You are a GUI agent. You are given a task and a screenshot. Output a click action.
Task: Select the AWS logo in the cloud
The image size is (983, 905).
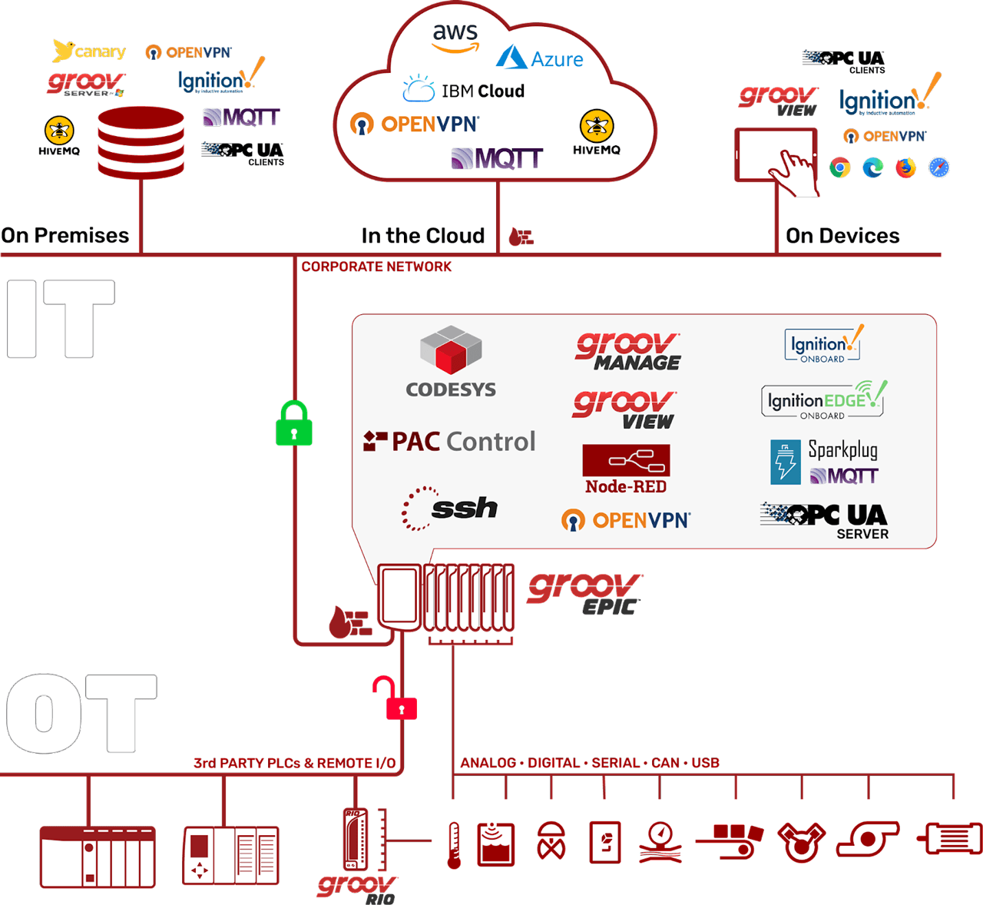(x=455, y=37)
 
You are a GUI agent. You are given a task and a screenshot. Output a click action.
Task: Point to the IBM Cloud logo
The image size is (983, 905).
(x=464, y=90)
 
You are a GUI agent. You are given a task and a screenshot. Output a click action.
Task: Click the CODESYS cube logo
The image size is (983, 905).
(x=451, y=361)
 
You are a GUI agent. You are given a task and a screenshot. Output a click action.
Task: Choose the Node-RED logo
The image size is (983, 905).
(x=626, y=469)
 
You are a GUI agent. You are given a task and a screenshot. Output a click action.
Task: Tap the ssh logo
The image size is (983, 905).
(x=450, y=508)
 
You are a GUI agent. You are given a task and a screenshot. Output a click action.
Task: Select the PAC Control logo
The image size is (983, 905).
(x=449, y=442)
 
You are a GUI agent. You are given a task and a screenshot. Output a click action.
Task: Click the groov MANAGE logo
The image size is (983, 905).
(x=628, y=352)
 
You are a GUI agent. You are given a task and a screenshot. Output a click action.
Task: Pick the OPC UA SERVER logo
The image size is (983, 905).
(x=825, y=521)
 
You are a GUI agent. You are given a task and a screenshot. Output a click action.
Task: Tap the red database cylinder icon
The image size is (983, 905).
(x=141, y=142)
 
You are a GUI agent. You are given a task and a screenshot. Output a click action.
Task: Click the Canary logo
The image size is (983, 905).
(x=88, y=51)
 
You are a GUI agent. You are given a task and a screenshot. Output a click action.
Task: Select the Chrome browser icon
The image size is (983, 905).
(x=840, y=167)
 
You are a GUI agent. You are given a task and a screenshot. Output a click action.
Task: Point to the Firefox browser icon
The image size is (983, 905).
(x=905, y=167)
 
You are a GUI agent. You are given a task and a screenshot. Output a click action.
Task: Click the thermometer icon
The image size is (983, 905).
(x=454, y=845)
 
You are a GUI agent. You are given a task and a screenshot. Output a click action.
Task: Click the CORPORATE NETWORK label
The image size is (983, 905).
(x=376, y=267)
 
